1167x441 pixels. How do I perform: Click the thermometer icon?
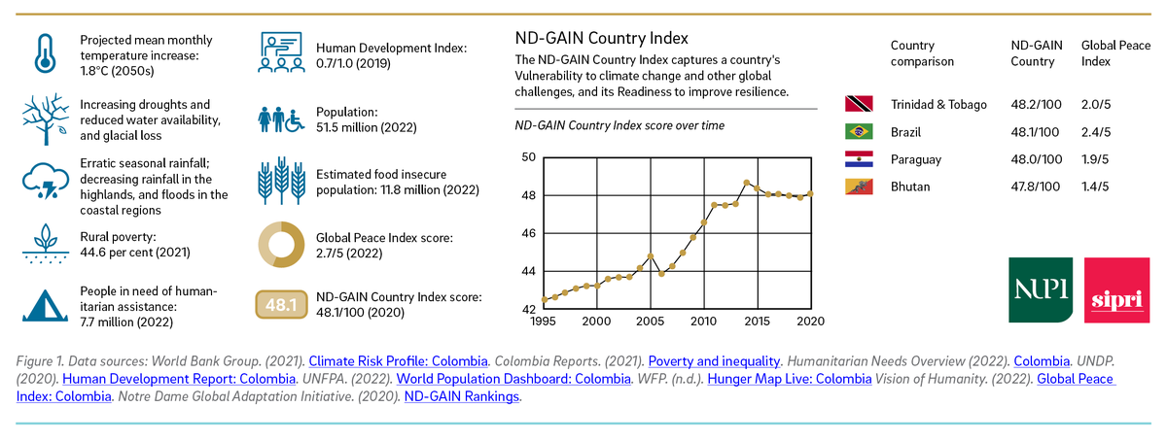point(46,53)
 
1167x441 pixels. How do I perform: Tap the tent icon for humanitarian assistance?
point(45,306)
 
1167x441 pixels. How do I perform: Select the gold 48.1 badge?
point(281,304)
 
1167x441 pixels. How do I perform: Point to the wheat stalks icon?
point(282,180)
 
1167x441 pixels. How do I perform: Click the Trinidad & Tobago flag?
point(859,104)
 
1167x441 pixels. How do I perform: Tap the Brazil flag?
point(859,131)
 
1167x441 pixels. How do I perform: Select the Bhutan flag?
point(859,187)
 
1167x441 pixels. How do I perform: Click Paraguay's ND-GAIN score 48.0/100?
point(1037,159)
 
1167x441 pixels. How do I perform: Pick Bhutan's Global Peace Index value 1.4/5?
point(1095,187)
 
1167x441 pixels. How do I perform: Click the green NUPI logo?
point(1041,290)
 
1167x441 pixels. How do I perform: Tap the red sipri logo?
point(1116,290)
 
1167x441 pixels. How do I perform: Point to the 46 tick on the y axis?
point(529,233)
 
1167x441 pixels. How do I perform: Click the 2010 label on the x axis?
point(703,322)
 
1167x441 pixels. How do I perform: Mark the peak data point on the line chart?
point(747,183)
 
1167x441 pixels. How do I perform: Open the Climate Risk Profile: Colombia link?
point(398,361)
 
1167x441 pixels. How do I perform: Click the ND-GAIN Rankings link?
point(462,396)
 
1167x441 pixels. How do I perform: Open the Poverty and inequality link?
point(714,361)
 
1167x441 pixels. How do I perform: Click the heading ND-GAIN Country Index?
point(601,38)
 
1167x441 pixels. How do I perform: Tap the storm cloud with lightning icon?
point(46,181)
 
